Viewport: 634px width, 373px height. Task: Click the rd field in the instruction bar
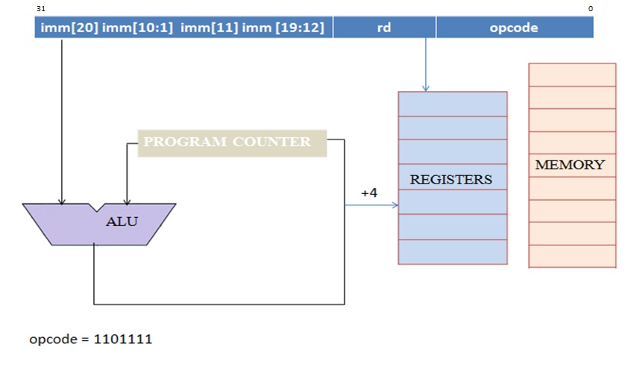pyautogui.click(x=384, y=28)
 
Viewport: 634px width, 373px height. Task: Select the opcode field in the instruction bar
pyautogui.click(x=514, y=28)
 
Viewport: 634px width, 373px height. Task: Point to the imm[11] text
pyautogui.click(x=206, y=28)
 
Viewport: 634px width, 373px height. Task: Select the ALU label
pyautogui.click(x=116, y=222)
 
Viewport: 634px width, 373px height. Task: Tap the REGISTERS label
pyautogui.click(x=451, y=180)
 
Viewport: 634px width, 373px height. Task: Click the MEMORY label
pyautogui.click(x=570, y=165)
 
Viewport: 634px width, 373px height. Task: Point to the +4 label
pyautogui.click(x=369, y=192)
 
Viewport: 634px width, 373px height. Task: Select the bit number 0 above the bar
pyautogui.click(x=590, y=8)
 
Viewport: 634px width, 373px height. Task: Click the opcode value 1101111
pyautogui.click(x=122, y=339)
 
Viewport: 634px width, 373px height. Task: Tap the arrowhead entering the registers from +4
pyautogui.click(x=395, y=204)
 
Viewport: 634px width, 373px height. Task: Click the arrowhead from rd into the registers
pyautogui.click(x=426, y=88)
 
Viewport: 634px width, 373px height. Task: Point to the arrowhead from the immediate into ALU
pyautogui.click(x=62, y=201)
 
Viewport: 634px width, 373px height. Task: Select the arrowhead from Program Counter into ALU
pyautogui.click(x=127, y=201)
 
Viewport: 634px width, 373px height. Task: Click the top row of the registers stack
pyautogui.click(x=453, y=104)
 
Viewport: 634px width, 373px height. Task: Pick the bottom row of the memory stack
pyautogui.click(x=572, y=256)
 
